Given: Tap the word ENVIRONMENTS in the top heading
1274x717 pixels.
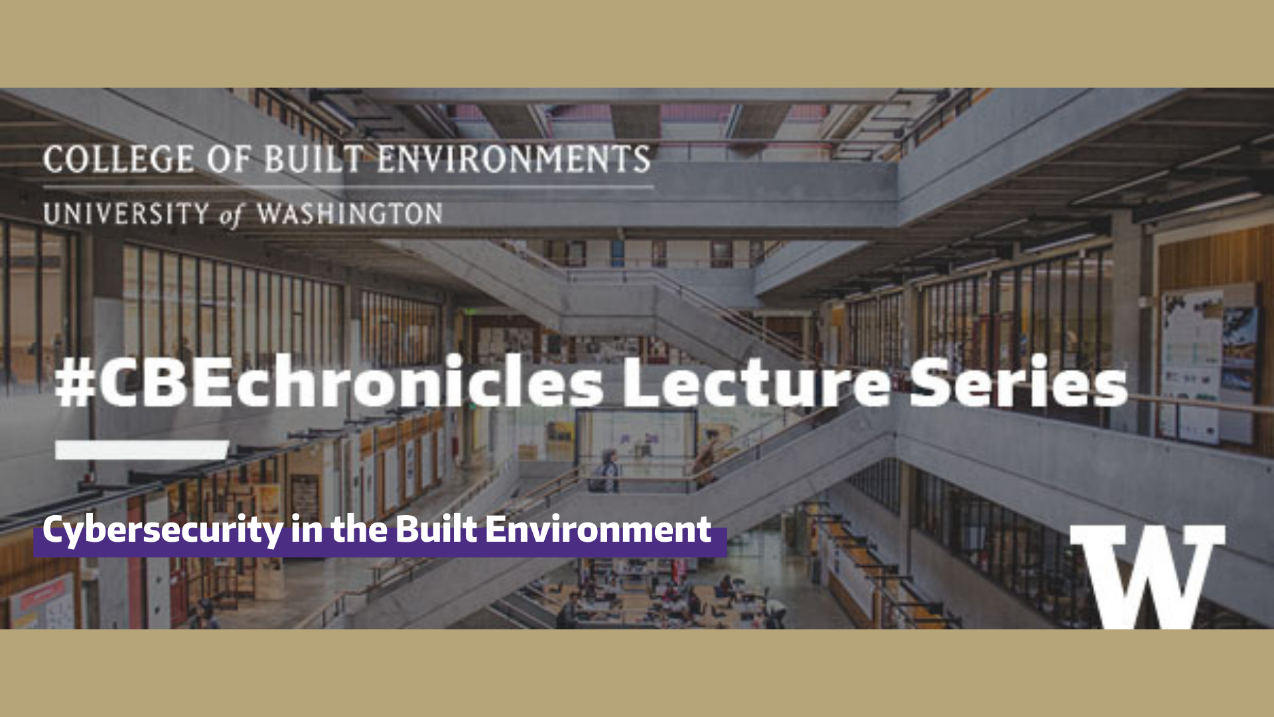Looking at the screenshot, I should (514, 159).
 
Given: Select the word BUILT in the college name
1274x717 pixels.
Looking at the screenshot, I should (313, 159).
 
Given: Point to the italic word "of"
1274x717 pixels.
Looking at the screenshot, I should (232, 216).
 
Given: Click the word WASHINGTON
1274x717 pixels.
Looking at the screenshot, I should (350, 214).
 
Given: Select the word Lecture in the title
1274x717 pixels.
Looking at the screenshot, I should (756, 384).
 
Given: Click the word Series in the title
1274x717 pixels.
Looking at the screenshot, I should (1018, 384).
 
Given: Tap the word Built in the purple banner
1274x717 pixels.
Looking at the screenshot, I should (436, 530).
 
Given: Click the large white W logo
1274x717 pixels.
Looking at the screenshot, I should (1148, 575).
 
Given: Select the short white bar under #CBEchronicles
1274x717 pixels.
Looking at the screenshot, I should (141, 449).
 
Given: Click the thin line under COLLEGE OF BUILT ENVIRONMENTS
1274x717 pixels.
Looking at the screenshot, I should (348, 187).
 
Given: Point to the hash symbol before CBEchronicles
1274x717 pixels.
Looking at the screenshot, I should (74, 385).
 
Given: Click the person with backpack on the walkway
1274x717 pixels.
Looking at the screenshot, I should (607, 471).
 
